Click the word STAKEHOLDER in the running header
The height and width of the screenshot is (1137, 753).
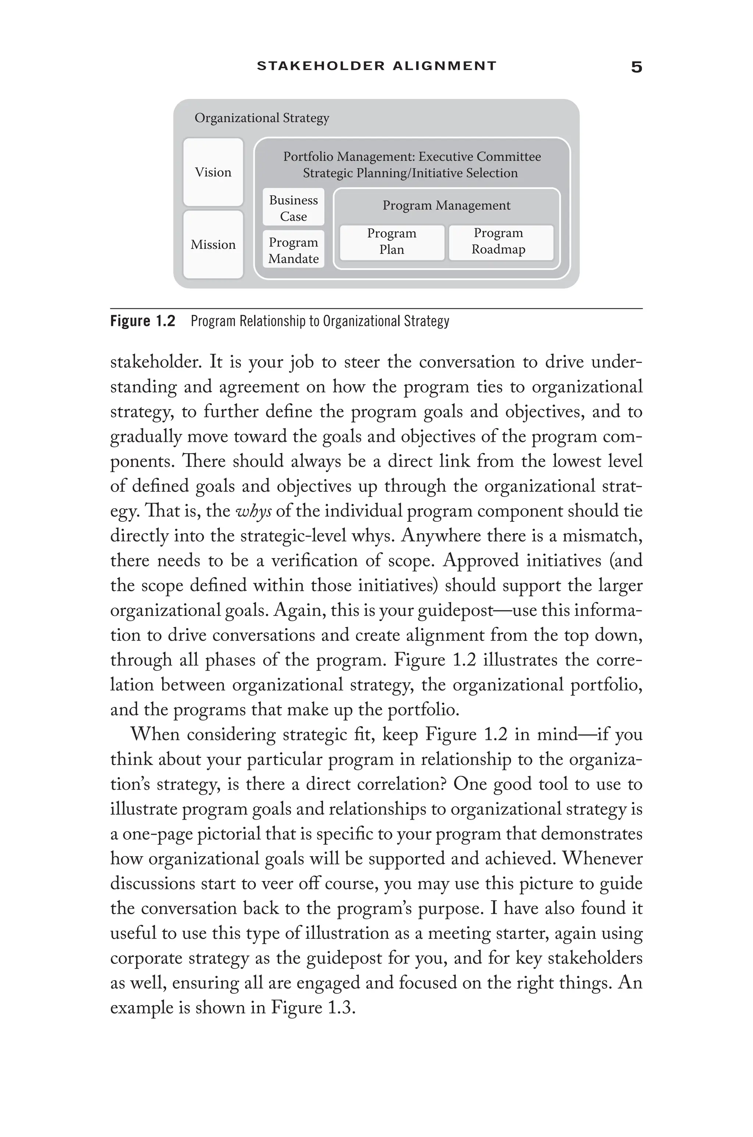321,66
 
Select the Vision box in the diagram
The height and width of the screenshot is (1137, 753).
213,172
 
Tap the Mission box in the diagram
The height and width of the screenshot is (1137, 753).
213,245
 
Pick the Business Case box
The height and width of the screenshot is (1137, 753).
293,208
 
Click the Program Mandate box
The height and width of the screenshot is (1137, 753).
293,250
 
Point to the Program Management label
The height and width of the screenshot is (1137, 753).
446,206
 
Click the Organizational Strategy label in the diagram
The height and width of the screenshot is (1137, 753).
262,118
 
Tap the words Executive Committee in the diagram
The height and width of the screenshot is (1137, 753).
480,157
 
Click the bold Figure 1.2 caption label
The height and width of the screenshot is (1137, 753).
143,321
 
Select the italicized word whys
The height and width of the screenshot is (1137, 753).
254,511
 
